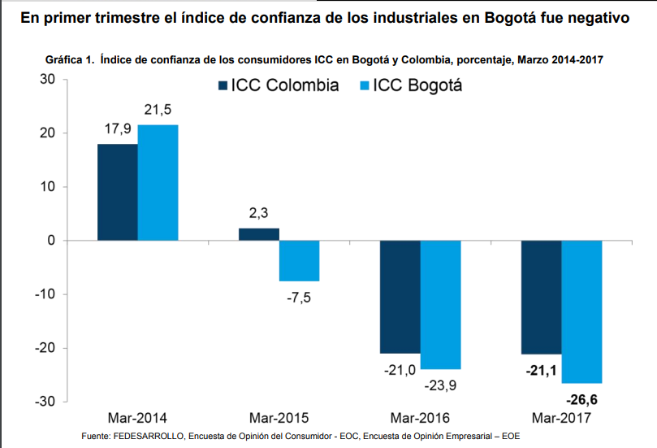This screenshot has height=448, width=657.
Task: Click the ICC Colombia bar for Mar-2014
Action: tap(117, 192)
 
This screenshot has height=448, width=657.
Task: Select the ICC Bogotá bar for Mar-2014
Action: tap(158, 182)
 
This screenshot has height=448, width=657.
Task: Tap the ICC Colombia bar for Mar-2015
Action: tap(258, 234)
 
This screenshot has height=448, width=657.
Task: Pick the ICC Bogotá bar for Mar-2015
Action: tap(299, 260)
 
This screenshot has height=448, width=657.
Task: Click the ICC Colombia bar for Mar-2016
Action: tap(400, 297)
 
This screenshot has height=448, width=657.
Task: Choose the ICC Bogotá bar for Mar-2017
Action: tap(581, 311)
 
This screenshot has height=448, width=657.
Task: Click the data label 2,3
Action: tap(258, 214)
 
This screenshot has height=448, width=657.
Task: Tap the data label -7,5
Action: tap(299, 296)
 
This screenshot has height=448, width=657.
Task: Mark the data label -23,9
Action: tap(441, 385)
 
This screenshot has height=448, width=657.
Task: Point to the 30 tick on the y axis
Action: tap(46, 80)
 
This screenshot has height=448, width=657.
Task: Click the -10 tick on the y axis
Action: tap(43, 294)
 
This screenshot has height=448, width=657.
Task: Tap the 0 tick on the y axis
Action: tap(50, 241)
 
